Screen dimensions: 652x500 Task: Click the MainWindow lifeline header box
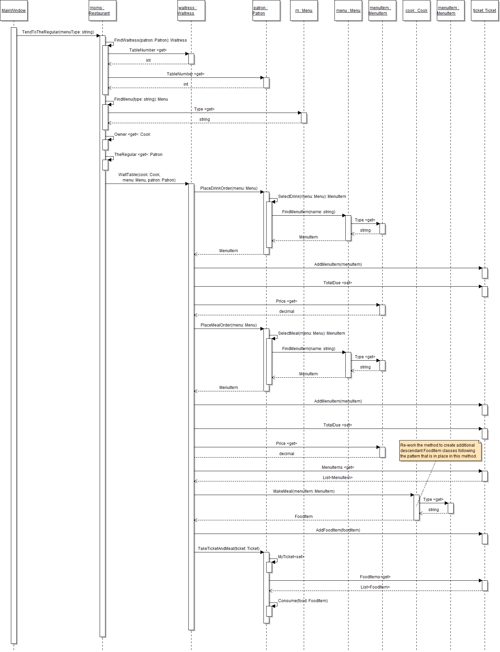14,11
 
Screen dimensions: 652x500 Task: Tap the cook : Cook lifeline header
416,11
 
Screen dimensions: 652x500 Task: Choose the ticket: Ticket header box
485,11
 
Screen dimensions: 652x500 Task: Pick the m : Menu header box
304,11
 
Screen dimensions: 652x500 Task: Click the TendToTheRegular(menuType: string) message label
58,32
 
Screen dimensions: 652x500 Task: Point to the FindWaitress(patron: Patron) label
151,40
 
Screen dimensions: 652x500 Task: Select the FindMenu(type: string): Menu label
141,99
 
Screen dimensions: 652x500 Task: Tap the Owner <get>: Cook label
132,134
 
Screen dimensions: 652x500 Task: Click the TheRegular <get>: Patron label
138,155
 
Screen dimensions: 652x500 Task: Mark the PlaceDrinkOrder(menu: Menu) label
229,188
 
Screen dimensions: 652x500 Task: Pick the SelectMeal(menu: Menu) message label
311,333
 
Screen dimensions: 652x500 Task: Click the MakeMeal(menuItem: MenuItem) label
304,491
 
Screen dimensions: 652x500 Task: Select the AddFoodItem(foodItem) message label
338,530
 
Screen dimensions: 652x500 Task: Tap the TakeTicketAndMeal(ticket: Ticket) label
229,549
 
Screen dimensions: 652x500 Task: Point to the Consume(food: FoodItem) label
303,601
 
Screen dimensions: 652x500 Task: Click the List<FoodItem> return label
375,587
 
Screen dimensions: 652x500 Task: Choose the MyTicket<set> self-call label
291,557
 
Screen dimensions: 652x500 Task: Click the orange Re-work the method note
440,451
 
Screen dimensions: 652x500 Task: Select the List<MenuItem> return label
338,478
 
